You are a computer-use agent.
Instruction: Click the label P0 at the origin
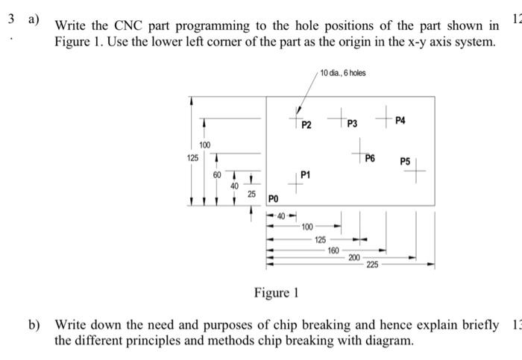pyautogui.click(x=273, y=199)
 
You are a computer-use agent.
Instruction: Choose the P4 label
pyautogui.click(x=400, y=121)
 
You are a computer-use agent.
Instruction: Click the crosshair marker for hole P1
pyautogui.click(x=296, y=184)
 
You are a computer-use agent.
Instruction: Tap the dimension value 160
pyautogui.click(x=333, y=250)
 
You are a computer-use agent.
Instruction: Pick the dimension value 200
pyautogui.click(x=353, y=257)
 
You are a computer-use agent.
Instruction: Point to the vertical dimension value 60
pyautogui.click(x=217, y=174)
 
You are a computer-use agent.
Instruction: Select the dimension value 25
pyautogui.click(x=251, y=194)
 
